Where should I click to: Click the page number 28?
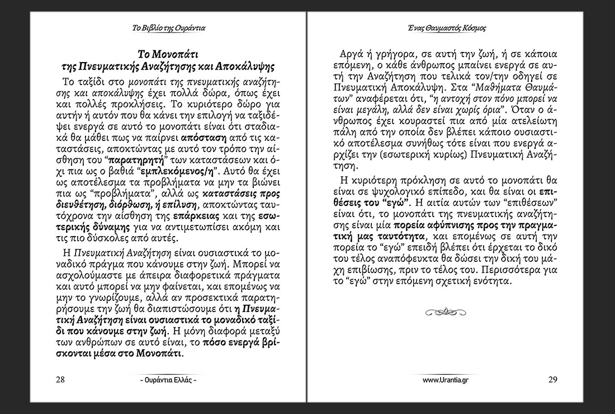tap(61, 379)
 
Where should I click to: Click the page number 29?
tap(552, 379)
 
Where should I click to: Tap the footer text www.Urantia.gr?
tap(446, 380)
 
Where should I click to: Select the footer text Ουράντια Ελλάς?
tap(168, 380)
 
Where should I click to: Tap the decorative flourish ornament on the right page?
tap(446, 309)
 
